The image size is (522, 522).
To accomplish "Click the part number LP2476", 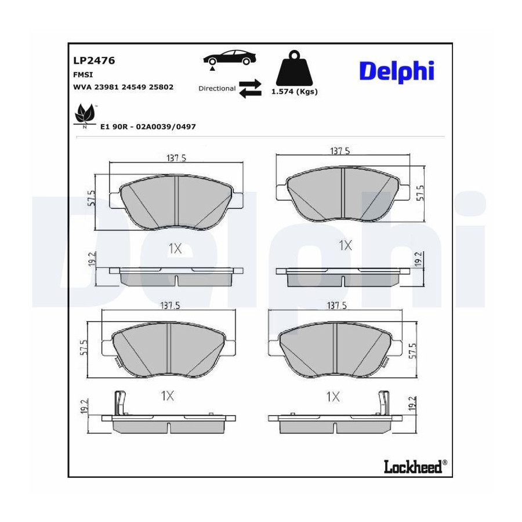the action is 94,60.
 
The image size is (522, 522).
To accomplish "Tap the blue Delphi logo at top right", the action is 397,71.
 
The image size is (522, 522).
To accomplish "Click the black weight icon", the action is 294,68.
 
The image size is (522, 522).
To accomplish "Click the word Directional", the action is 217,89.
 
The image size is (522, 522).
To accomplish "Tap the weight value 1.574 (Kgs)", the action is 294,92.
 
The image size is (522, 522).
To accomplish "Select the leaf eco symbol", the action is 85,114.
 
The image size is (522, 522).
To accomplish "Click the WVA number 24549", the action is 135,87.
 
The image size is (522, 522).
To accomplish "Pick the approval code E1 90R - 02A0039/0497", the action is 148,127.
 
